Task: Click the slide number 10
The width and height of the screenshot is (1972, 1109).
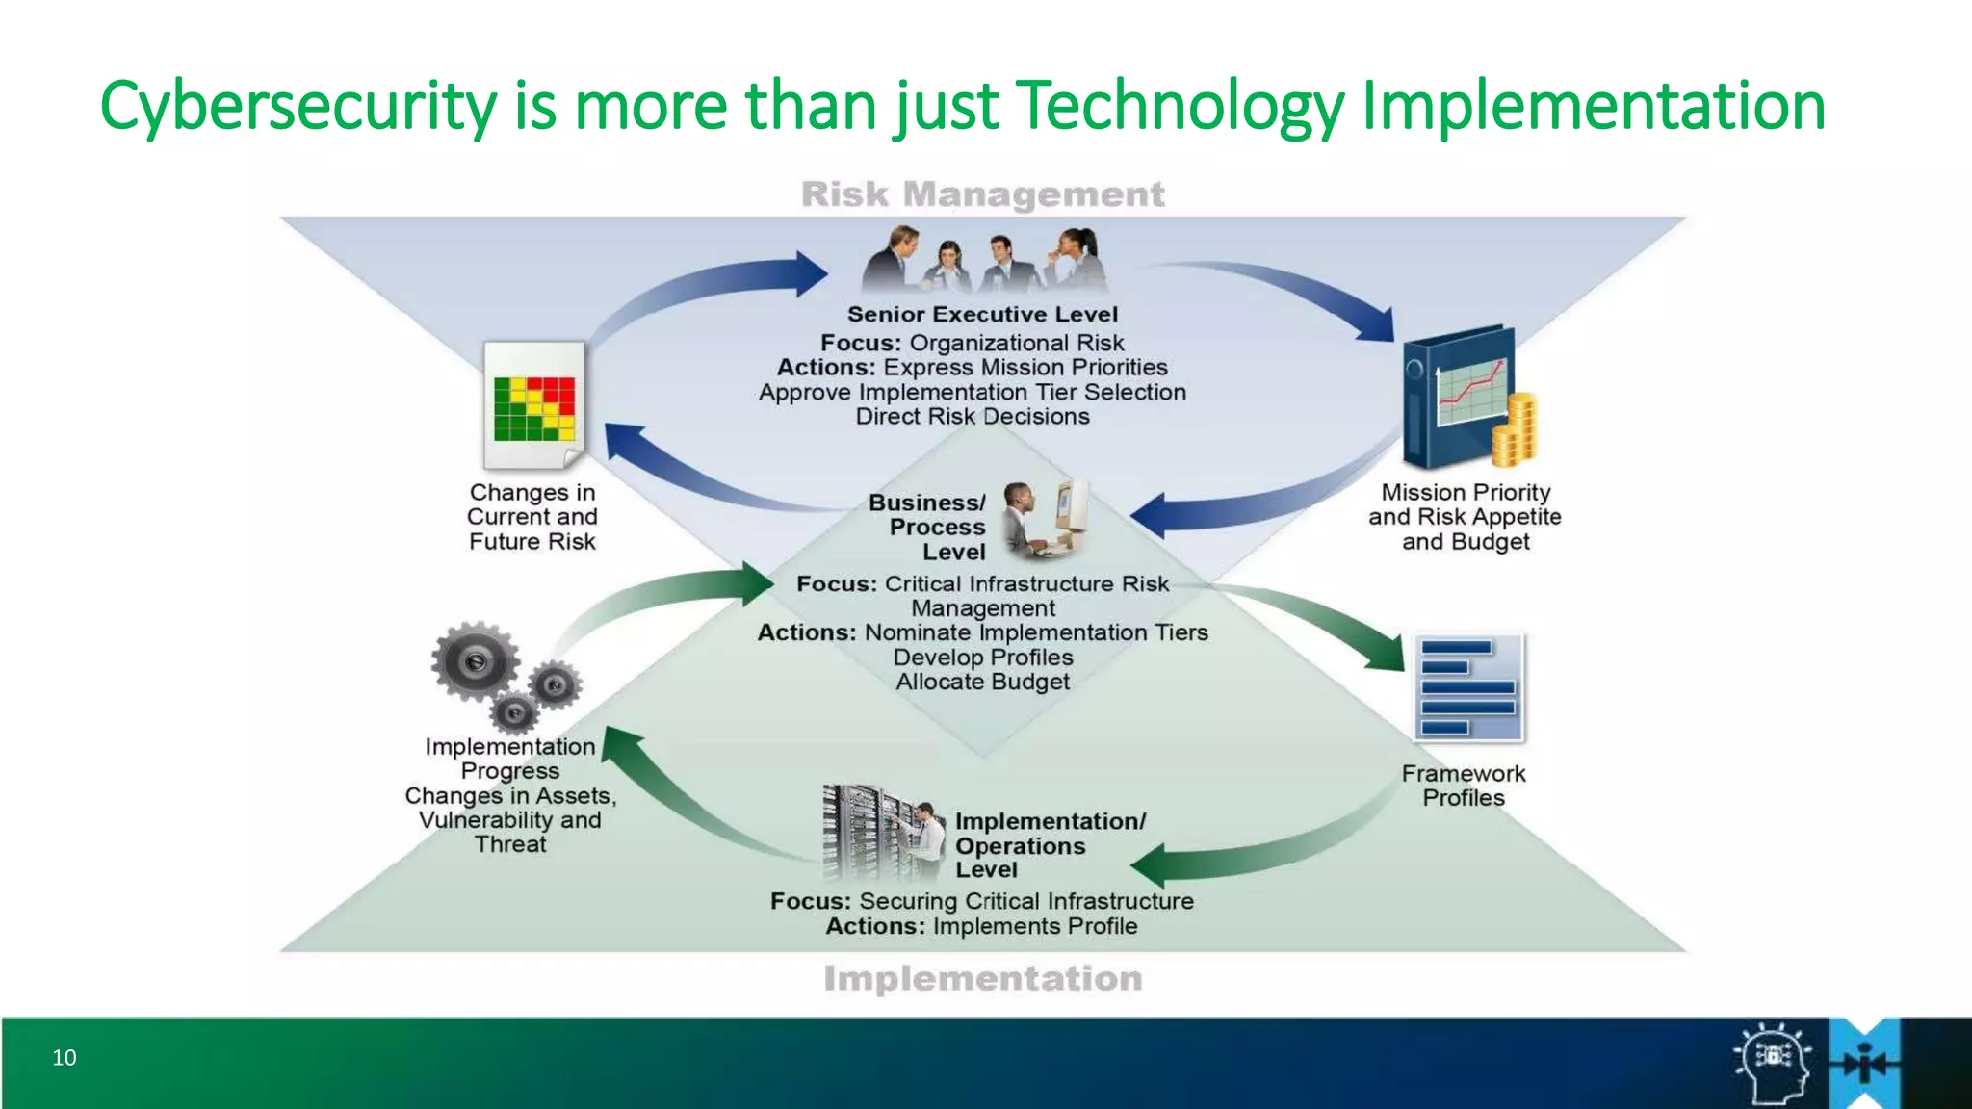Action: [65, 1057]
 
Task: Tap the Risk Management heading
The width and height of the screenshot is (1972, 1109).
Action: [982, 194]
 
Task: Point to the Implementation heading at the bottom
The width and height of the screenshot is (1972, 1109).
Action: [982, 979]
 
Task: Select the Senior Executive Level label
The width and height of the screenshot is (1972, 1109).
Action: [982, 315]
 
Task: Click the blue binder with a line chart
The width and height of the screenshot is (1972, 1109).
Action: [1456, 395]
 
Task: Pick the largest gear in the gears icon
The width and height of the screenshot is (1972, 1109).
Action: [475, 661]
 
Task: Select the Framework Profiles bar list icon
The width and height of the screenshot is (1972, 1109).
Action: [1468, 687]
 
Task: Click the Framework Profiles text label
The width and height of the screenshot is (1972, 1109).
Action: [1464, 786]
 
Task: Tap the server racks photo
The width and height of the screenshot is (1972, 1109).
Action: [867, 831]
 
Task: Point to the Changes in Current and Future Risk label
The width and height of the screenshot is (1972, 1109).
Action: [532, 517]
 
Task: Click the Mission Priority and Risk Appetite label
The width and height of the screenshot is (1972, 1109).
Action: [1465, 517]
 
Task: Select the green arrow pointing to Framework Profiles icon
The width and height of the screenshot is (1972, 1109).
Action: [1348, 631]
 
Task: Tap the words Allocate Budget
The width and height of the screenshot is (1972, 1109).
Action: [982, 682]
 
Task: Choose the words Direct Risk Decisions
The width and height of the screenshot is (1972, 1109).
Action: [973, 417]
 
